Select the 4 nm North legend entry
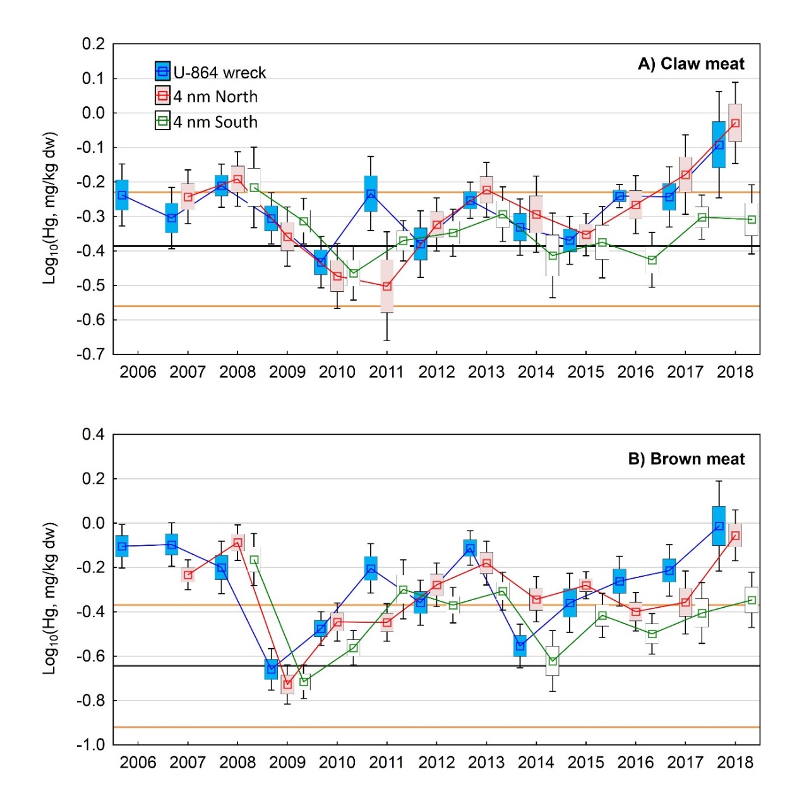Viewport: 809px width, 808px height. pos(207,97)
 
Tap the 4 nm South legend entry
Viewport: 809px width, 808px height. pos(207,122)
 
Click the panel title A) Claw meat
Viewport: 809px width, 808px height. pos(691,64)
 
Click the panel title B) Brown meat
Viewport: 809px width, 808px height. pos(686,459)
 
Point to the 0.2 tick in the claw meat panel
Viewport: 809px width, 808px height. pos(93,44)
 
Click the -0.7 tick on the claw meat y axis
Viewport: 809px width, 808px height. pos(91,354)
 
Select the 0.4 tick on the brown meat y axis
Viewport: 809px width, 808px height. pos(93,435)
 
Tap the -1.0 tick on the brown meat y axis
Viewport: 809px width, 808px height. pos(91,745)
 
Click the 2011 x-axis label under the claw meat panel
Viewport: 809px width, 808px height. pos(387,372)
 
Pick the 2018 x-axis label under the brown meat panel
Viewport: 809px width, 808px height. pos(735,763)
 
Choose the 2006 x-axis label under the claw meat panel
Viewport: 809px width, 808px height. pos(138,372)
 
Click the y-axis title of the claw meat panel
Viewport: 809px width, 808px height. pos(50,208)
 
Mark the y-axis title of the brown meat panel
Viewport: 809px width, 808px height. pos(50,598)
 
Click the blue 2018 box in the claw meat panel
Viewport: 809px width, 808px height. pos(719,145)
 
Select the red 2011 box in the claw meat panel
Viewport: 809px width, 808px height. pos(387,286)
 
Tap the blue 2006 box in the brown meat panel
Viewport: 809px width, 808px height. pos(122,546)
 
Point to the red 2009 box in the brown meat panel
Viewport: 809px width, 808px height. pos(287,684)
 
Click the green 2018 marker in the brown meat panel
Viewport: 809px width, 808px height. pos(752,600)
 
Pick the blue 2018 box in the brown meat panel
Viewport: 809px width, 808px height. pos(719,526)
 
